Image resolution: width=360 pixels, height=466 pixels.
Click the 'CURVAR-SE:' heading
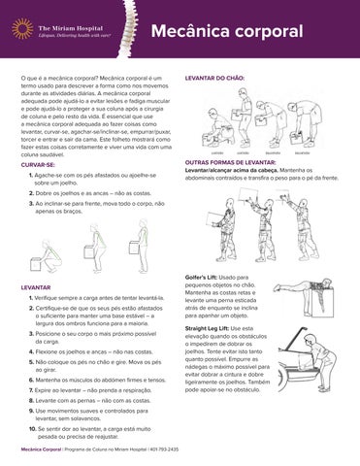point(38,165)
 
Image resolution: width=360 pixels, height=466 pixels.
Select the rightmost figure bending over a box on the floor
point(326,120)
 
